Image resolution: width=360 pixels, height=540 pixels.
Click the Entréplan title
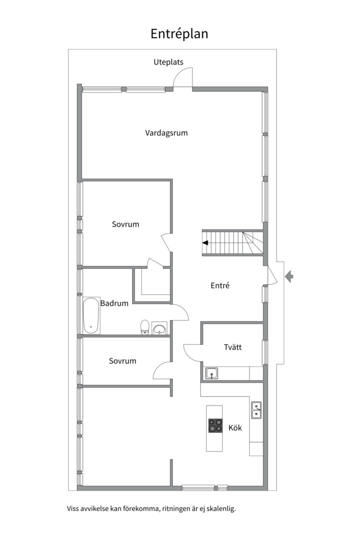pyautogui.click(x=179, y=34)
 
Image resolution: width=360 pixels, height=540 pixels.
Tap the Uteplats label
pyautogui.click(x=168, y=62)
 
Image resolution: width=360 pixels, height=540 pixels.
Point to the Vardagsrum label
pyautogui.click(x=166, y=133)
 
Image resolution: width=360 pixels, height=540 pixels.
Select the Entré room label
pyautogui.click(x=220, y=285)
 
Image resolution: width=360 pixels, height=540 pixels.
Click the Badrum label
pyautogui.click(x=114, y=303)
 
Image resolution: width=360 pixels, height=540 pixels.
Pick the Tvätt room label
pyautogui.click(x=233, y=347)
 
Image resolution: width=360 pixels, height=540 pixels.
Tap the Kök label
pyautogui.click(x=235, y=427)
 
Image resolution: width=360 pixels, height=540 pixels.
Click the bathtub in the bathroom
pyautogui.click(x=91, y=316)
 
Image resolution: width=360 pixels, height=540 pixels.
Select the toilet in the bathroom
pyautogui.click(x=144, y=327)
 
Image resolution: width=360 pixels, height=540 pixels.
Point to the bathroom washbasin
pyautogui.click(x=159, y=328)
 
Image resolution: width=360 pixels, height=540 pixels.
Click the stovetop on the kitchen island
pyautogui.click(x=215, y=425)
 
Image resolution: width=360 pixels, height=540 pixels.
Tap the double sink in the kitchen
pyautogui.click(x=256, y=410)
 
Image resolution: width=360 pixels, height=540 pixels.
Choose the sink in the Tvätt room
pyautogui.click(x=211, y=373)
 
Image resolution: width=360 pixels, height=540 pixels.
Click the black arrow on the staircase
pyautogui.click(x=205, y=243)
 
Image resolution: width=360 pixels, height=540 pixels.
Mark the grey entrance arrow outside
pyautogui.click(x=289, y=276)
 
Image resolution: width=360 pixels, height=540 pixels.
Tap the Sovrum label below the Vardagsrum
pyautogui.click(x=125, y=224)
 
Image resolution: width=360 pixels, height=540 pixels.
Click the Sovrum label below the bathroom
pyautogui.click(x=122, y=361)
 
